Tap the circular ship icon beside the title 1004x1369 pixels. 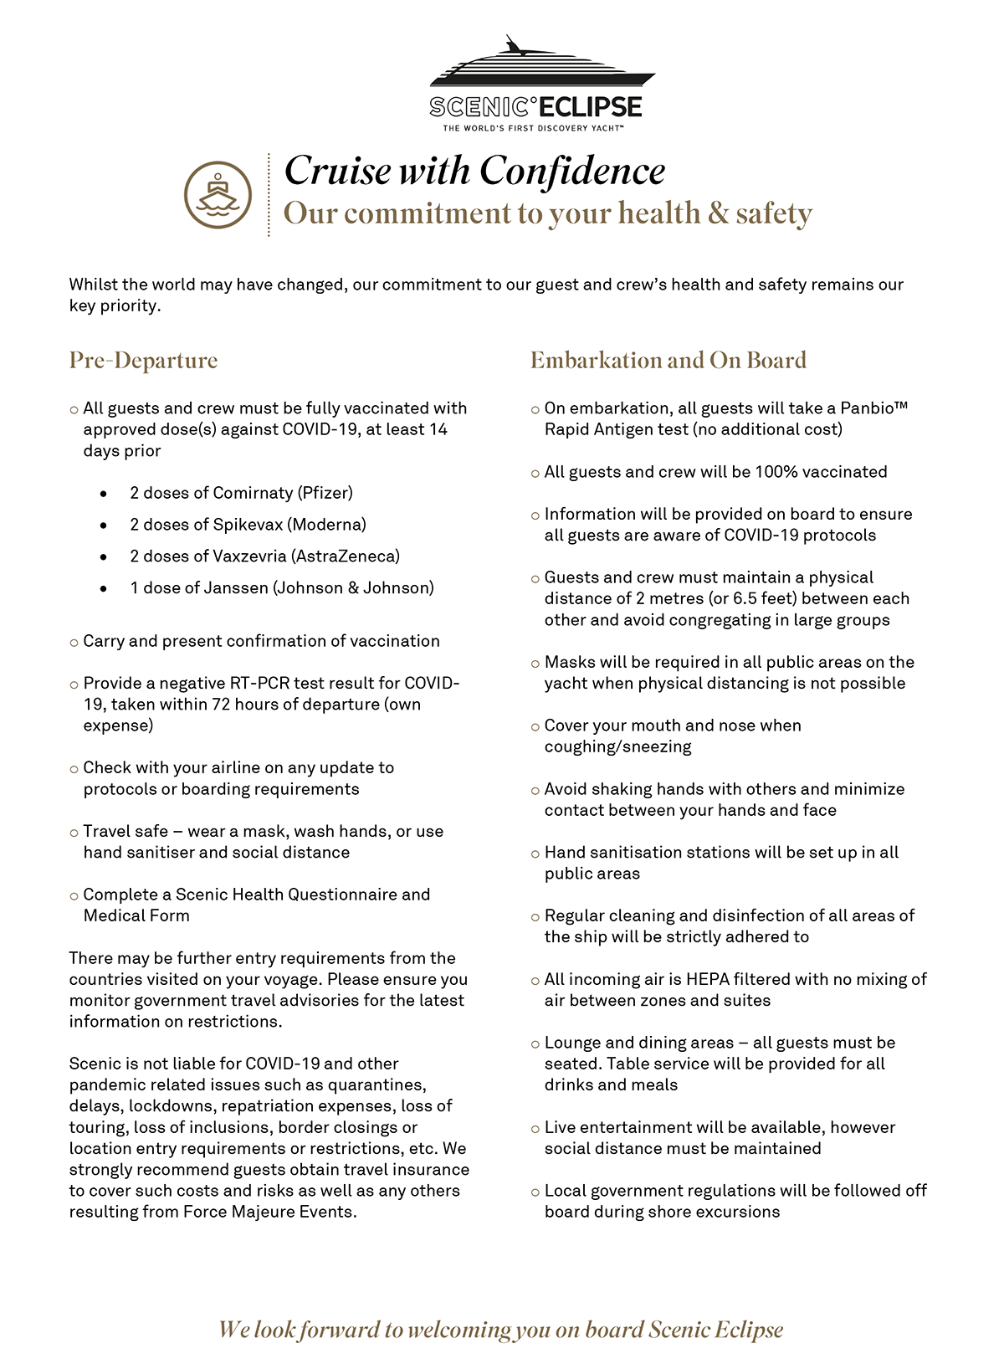click(x=218, y=195)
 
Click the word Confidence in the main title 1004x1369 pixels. click(x=572, y=172)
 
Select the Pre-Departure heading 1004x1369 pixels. click(x=143, y=360)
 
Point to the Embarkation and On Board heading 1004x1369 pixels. click(x=668, y=360)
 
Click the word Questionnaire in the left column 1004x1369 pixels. click(x=341, y=895)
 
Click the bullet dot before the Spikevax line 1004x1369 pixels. click(x=103, y=526)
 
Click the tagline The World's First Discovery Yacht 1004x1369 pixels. click(x=533, y=128)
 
